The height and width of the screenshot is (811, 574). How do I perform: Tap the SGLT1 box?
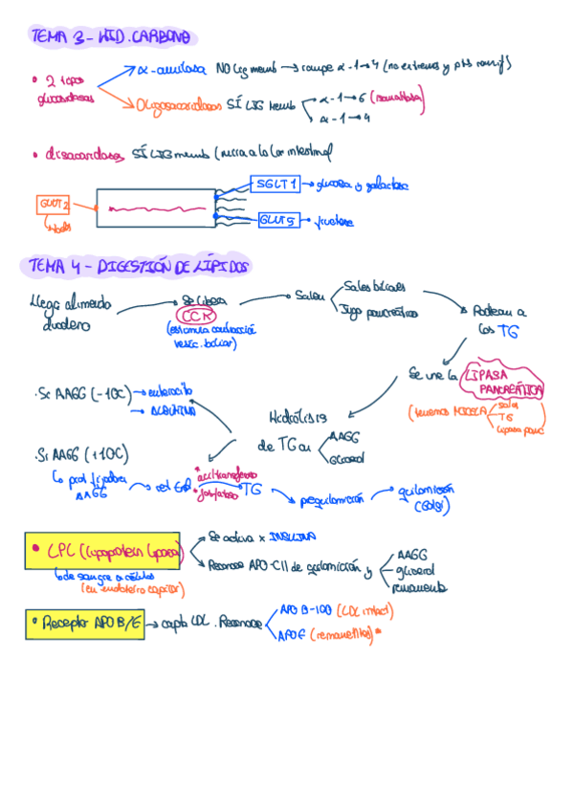coord(276,185)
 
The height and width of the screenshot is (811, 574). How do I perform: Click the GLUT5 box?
coord(279,220)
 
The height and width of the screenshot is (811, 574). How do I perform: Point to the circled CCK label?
coord(199,317)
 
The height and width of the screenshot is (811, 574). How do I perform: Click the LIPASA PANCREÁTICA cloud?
coord(501,383)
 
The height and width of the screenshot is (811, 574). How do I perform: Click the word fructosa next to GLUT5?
coord(334,222)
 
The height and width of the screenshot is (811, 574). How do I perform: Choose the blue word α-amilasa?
coord(172,69)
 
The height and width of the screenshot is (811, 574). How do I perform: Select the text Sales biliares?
coord(374,285)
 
